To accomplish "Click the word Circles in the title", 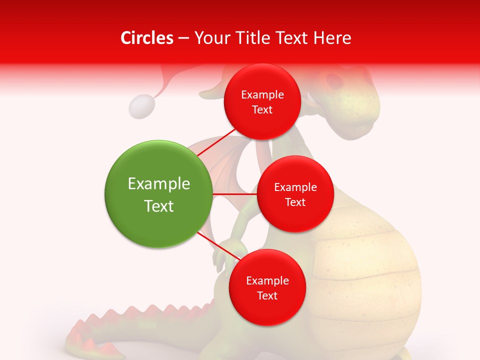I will point(146,38).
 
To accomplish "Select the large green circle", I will point(158,194).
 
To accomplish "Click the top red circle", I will point(262,102).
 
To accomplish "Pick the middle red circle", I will point(295,194).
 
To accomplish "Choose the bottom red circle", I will point(267,287).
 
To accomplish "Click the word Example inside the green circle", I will point(158,183).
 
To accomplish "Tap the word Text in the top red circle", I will point(262,110).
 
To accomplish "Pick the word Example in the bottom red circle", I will point(267,280).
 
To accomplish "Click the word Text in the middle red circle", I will point(295,202).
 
